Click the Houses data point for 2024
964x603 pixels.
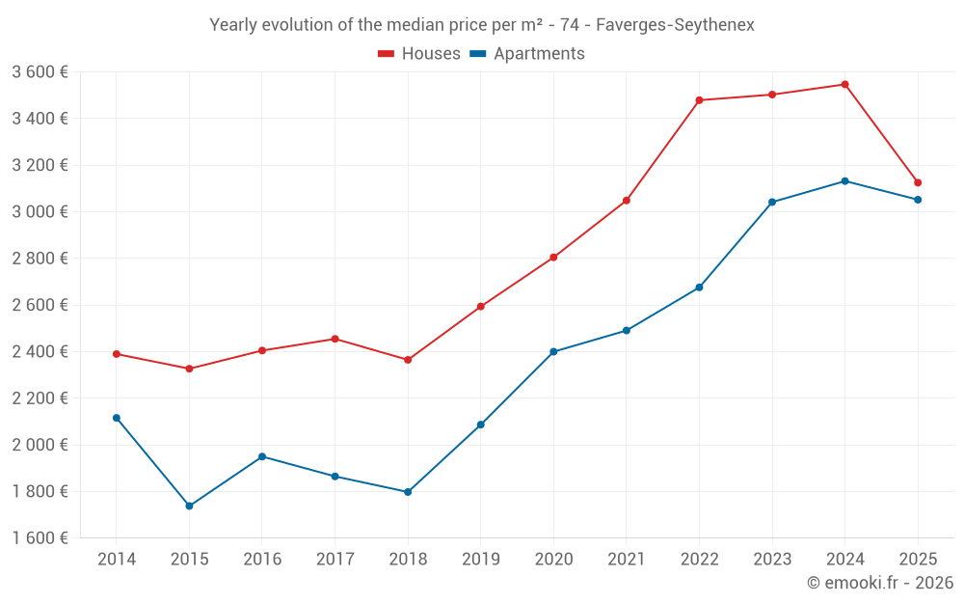pyautogui.click(x=845, y=85)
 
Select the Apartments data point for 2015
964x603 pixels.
pyautogui.click(x=189, y=506)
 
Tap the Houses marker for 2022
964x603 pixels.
pyautogui.click(x=700, y=100)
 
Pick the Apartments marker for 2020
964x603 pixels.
pyautogui.click(x=553, y=352)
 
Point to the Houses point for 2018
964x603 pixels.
pyautogui.click(x=408, y=360)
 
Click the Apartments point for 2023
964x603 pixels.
pyautogui.click(x=772, y=202)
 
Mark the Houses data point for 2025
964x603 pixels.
pyautogui.click(x=918, y=182)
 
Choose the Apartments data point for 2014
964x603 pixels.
pyautogui.click(x=117, y=418)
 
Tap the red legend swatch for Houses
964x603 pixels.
pyautogui.click(x=387, y=54)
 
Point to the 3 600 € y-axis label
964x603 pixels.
pyautogui.click(x=40, y=72)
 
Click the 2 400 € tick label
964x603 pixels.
pyautogui.click(x=40, y=352)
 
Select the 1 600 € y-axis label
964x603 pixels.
pyautogui.click(x=40, y=538)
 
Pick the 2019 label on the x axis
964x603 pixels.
pyautogui.click(x=480, y=560)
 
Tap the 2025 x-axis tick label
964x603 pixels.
pyautogui.click(x=918, y=560)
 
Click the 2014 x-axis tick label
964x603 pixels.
pyautogui.click(x=117, y=560)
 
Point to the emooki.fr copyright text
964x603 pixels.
pyautogui.click(x=880, y=583)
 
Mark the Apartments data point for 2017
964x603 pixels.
pyautogui.click(x=335, y=477)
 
